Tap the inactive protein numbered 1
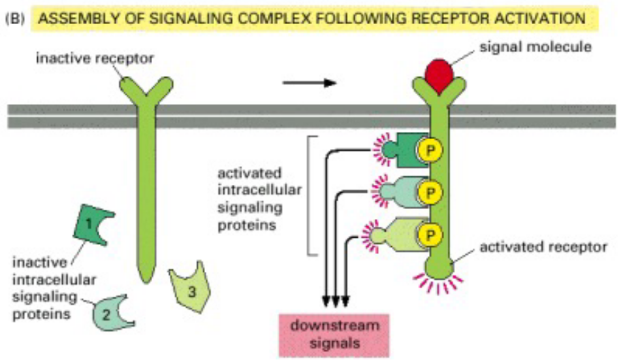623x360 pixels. click(94, 223)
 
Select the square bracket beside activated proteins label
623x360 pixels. click(312, 195)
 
